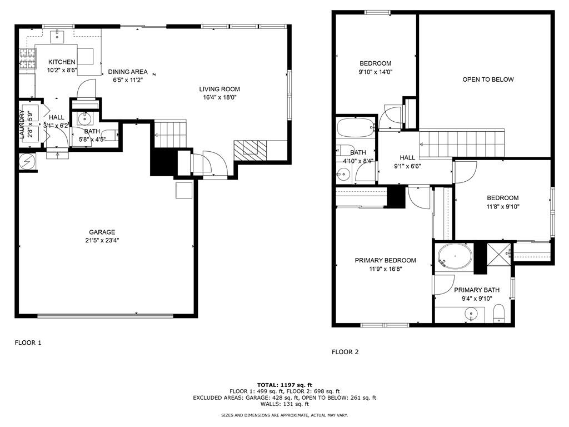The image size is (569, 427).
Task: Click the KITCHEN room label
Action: [x=61, y=62]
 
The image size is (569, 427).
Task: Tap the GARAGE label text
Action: [x=102, y=232]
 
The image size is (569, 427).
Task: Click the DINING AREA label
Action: [x=128, y=71]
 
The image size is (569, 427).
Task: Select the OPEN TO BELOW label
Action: [x=488, y=80]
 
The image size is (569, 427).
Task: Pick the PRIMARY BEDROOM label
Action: [x=385, y=260]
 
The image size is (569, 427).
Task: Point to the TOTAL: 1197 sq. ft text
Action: [x=284, y=385]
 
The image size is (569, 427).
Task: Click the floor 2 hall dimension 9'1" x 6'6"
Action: [x=407, y=166]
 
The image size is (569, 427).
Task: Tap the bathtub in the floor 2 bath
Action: [x=356, y=127]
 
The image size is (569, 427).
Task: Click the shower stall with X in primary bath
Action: [x=498, y=254]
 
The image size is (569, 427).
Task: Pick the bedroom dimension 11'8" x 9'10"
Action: [x=502, y=206]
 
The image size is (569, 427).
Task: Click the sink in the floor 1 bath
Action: [x=85, y=118]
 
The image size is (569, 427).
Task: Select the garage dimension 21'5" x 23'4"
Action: [x=102, y=241]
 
